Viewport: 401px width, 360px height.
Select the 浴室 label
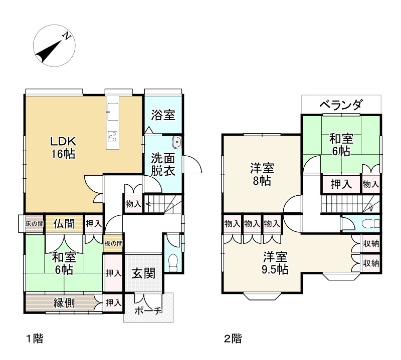pyautogui.click(x=163, y=115)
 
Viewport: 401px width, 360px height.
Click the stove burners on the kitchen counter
pyautogui.click(x=113, y=136)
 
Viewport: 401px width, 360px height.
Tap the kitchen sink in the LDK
pyautogui.click(x=113, y=111)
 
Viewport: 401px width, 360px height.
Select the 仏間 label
pyautogui.click(x=65, y=223)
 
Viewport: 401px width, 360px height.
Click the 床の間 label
pyautogui.click(x=35, y=223)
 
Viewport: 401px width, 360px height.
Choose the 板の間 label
pyautogui.click(x=113, y=244)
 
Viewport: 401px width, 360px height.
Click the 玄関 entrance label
pyautogui.click(x=143, y=273)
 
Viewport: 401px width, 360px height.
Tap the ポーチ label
pyautogui.click(x=148, y=311)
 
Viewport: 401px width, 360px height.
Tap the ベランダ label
pyautogui.click(x=341, y=105)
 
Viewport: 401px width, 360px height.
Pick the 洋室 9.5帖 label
pyautogui.click(x=275, y=263)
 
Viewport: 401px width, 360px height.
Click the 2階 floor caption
pyautogui.click(x=233, y=339)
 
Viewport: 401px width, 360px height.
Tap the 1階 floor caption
pyautogui.click(x=35, y=339)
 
